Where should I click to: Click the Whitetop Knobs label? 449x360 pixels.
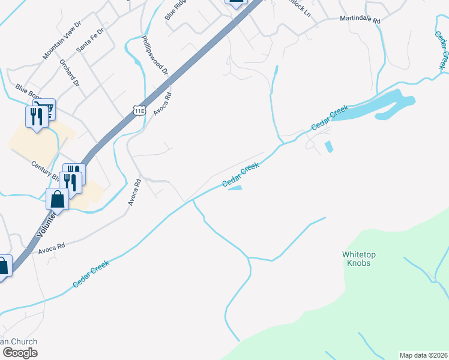pos(360,259)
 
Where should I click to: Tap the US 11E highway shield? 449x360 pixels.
pos(139,109)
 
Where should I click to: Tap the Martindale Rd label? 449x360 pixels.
pos(360,20)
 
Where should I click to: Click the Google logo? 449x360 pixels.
pos(20,353)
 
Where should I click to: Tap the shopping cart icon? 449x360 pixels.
pos(44,109)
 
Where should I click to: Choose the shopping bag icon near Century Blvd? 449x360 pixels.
pos(57,199)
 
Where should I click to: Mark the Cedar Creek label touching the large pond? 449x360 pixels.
pos(330,118)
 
